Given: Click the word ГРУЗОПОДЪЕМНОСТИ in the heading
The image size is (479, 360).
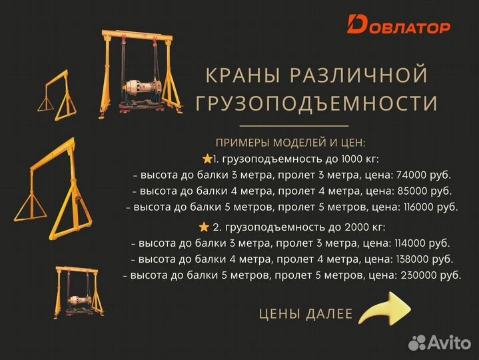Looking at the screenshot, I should pyautogui.click(x=316, y=103).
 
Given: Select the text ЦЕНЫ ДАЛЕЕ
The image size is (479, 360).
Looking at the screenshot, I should pyautogui.click(x=306, y=314).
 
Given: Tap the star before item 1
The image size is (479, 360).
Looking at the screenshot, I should pyautogui.click(x=207, y=159).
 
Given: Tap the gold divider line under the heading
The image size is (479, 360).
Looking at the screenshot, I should pyautogui.click(x=294, y=125).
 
